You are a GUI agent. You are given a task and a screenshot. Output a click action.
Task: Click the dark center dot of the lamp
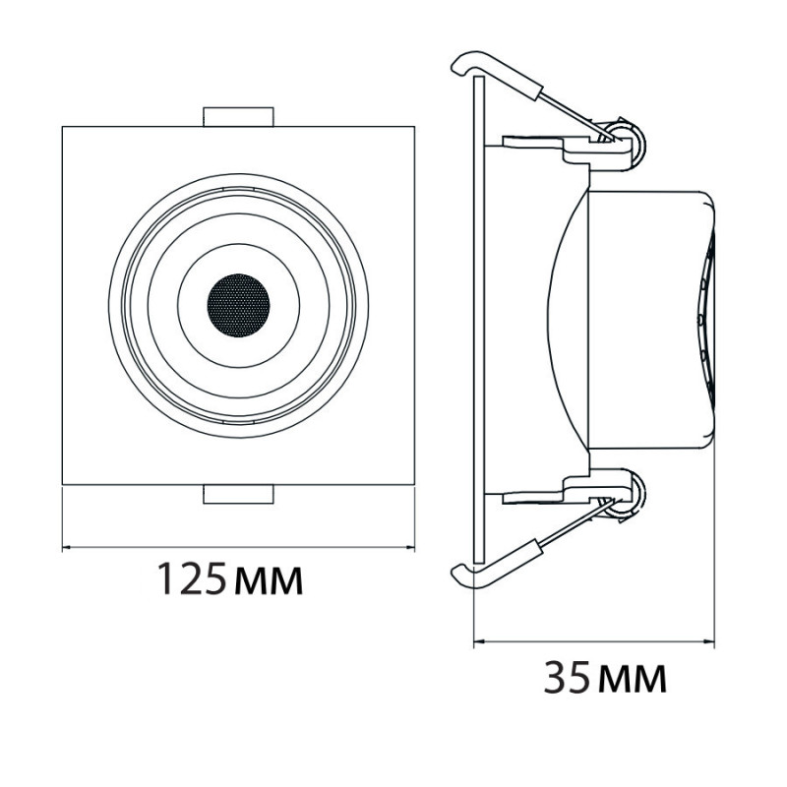coord(238,305)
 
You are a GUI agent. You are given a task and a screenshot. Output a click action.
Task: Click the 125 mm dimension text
coord(231,579)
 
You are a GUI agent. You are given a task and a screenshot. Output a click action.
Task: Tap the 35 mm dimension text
coord(605,677)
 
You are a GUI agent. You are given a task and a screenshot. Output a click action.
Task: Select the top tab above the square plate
coord(238,117)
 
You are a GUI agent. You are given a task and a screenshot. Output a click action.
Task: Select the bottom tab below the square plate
coord(238,494)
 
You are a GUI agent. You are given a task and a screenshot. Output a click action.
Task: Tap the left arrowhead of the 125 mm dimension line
coord(64,547)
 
